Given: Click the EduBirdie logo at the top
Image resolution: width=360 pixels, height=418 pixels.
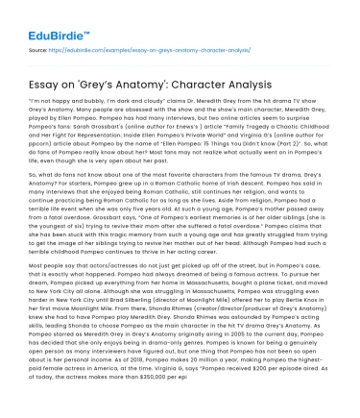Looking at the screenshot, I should [x=50, y=20].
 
